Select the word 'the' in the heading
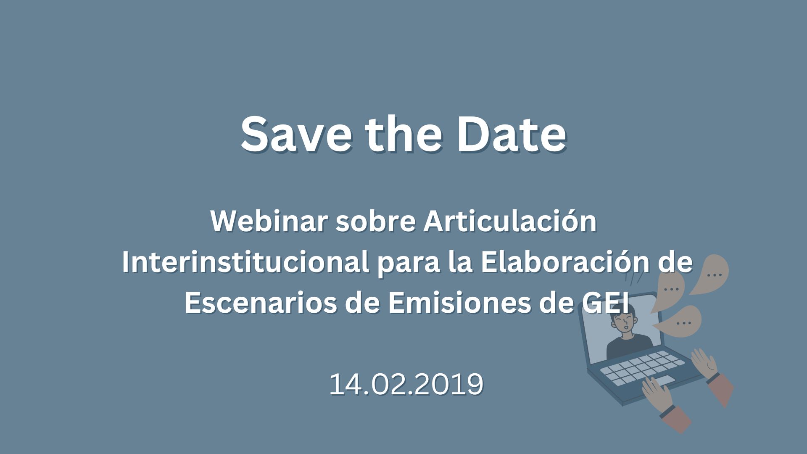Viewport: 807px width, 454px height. click(x=403, y=134)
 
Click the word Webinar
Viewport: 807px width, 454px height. click(x=269, y=221)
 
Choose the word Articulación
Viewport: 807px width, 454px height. click(x=510, y=221)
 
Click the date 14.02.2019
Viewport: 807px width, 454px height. click(x=406, y=384)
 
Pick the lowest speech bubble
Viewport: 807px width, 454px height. click(x=681, y=322)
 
